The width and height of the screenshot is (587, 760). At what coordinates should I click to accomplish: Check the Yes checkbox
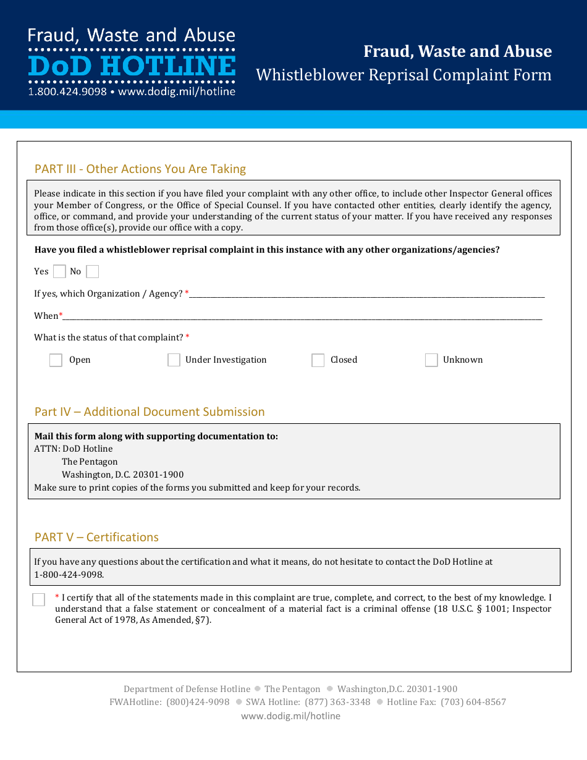pos(59,271)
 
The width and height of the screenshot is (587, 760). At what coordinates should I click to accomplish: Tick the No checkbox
pos(92,271)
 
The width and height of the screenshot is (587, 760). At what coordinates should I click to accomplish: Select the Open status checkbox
pos(56,360)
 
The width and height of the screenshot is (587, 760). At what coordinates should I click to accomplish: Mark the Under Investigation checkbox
pos(174,360)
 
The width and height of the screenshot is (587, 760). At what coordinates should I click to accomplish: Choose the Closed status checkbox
pos(318,360)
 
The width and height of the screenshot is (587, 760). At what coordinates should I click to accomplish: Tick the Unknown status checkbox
pos(431,360)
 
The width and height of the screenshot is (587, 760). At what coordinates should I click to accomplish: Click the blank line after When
pos(302,316)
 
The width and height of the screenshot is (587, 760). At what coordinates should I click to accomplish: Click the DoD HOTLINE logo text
pos(132,66)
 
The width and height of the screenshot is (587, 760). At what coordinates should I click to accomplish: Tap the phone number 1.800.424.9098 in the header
pos(67,91)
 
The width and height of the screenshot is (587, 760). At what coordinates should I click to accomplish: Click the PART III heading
pos(140,169)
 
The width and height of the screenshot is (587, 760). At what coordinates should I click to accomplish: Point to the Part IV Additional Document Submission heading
pos(150,412)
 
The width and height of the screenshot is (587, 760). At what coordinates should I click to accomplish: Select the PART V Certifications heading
pos(96,537)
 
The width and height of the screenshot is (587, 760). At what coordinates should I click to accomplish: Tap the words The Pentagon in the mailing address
pos(90,462)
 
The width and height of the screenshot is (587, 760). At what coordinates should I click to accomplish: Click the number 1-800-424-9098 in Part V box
pos(69,575)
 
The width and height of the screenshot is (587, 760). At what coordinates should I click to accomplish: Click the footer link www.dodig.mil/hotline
pos(290,716)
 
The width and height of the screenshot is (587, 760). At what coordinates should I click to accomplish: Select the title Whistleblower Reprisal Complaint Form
pos(403,75)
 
